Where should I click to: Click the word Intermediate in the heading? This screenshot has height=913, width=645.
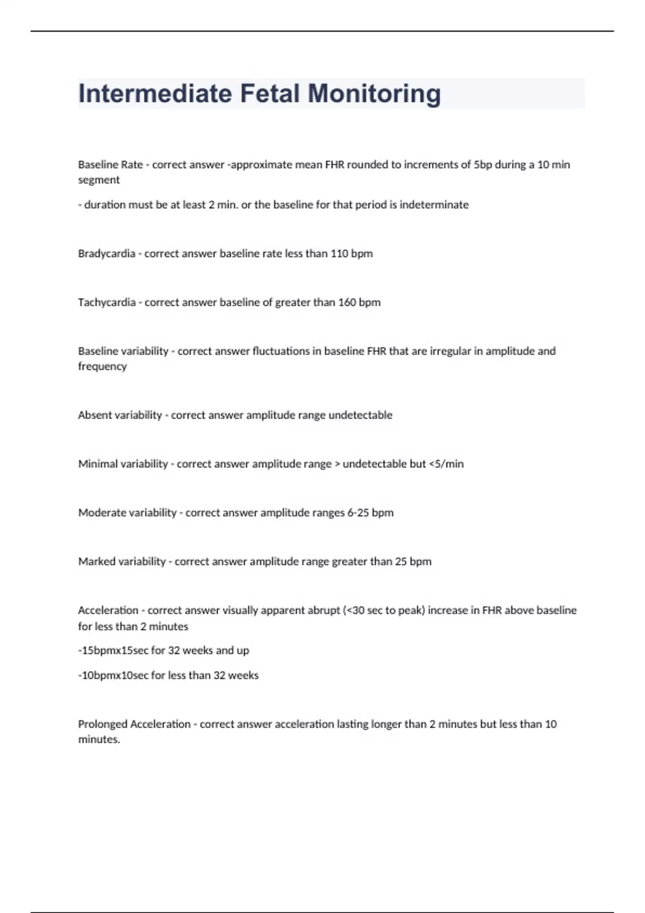155,93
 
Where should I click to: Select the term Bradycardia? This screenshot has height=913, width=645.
106,253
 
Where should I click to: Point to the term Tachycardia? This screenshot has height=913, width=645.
106,302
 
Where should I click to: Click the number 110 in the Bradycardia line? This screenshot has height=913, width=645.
339,253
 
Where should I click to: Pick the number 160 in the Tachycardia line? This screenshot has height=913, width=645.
347,302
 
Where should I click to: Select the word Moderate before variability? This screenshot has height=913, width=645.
101,513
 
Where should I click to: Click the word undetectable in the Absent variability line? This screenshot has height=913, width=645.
360,415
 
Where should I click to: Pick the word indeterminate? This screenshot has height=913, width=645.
434,205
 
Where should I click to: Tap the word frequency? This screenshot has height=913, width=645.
102,366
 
